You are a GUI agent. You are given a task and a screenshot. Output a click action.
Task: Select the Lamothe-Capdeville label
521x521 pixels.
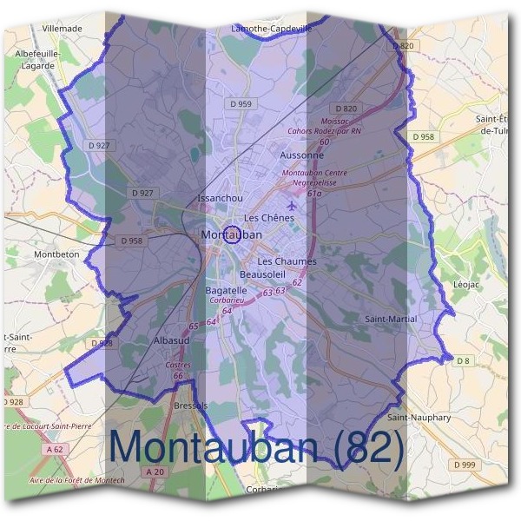270,28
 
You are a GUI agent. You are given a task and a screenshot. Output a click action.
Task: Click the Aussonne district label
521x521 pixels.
302,155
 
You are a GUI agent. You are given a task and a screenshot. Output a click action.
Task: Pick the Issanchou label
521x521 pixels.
221,198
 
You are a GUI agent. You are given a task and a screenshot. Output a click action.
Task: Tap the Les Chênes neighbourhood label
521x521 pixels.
269,217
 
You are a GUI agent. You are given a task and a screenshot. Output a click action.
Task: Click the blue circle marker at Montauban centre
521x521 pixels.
232,234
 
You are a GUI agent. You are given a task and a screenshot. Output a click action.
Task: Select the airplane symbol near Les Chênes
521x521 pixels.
290,205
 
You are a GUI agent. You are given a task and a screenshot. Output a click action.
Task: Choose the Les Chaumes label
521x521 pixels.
287,260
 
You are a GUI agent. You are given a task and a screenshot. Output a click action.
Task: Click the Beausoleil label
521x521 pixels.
263,274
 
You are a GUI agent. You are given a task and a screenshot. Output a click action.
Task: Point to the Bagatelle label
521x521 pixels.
227,290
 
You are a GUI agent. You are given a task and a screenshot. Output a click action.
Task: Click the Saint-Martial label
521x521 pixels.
390,320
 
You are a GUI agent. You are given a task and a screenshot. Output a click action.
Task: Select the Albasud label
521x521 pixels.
171,341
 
